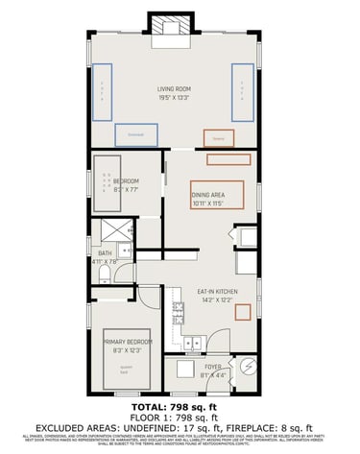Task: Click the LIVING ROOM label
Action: [x=174, y=89]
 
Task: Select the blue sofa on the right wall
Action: [x=243, y=89]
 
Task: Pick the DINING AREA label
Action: [x=207, y=195]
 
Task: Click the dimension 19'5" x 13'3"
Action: [x=174, y=98]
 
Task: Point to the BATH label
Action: [x=105, y=253]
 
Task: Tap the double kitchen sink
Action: [x=193, y=341]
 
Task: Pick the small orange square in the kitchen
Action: [x=244, y=312]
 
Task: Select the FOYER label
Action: [x=213, y=366]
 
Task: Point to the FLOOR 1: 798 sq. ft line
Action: [x=180, y=418]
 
